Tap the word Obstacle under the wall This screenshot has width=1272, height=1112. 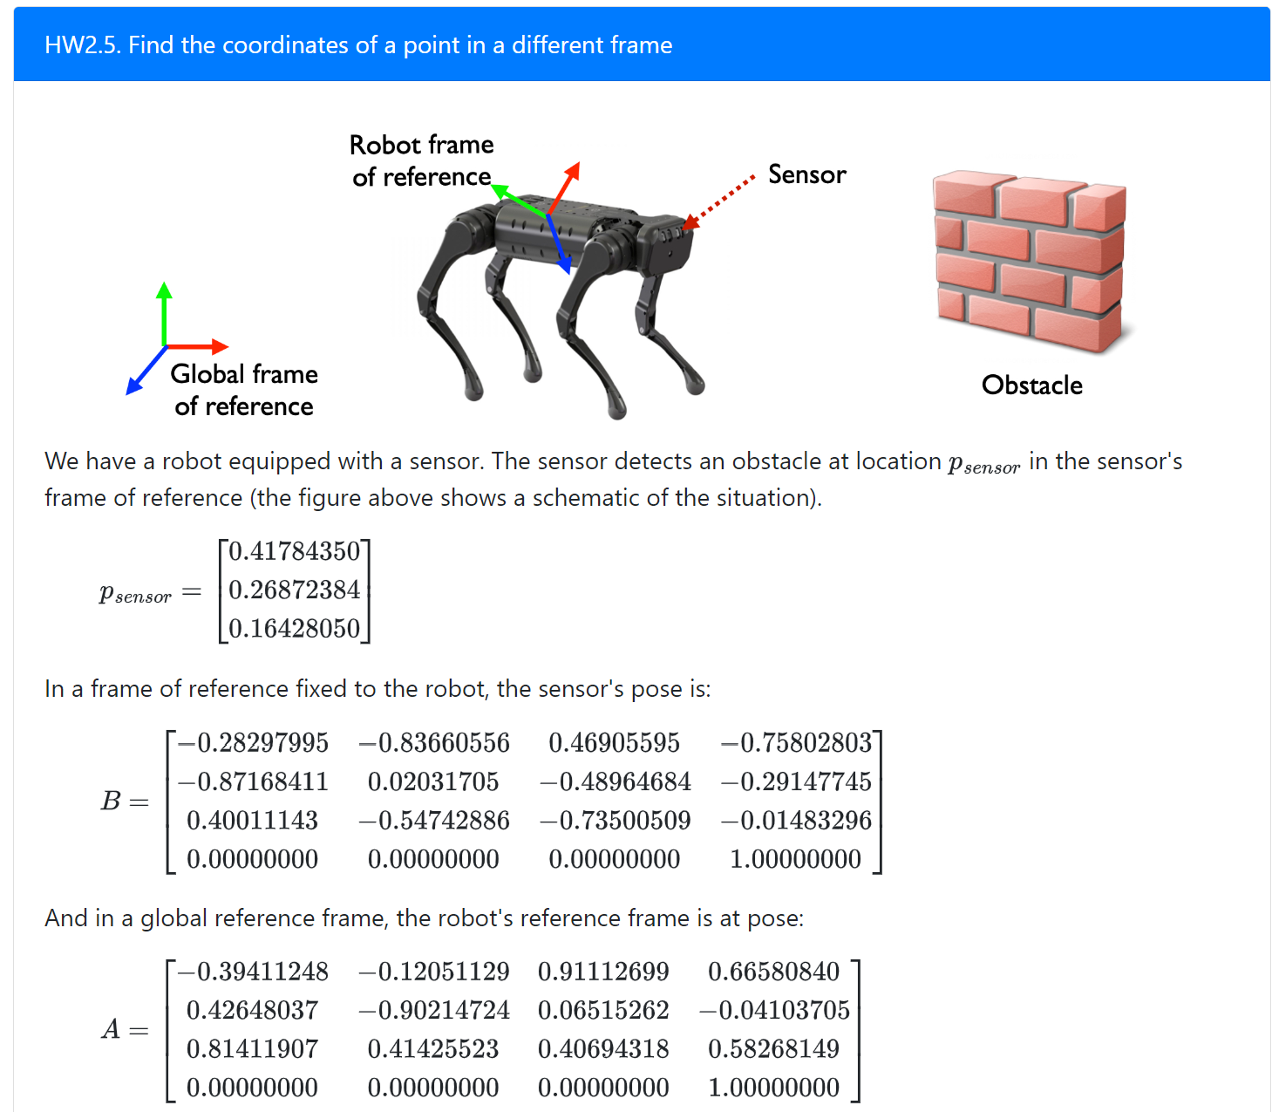[x=1031, y=385]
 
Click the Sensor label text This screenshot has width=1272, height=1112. [x=806, y=174]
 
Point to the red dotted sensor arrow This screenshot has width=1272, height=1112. [x=719, y=204]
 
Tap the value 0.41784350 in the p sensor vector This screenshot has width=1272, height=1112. [x=294, y=551]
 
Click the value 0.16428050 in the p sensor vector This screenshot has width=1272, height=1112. [x=294, y=629]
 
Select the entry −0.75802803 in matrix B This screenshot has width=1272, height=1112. [x=796, y=743]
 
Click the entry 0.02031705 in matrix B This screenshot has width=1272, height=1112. [x=433, y=781]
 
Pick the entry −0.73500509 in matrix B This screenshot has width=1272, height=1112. [x=615, y=821]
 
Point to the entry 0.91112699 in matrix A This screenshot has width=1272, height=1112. [x=603, y=972]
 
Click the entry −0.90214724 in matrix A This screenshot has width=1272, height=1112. [x=433, y=1011]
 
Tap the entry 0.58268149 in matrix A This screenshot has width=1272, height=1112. [x=773, y=1049]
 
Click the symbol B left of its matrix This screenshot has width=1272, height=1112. [x=111, y=801]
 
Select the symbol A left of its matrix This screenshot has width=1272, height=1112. [x=111, y=1030]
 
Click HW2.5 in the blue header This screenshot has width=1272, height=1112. [x=82, y=45]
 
